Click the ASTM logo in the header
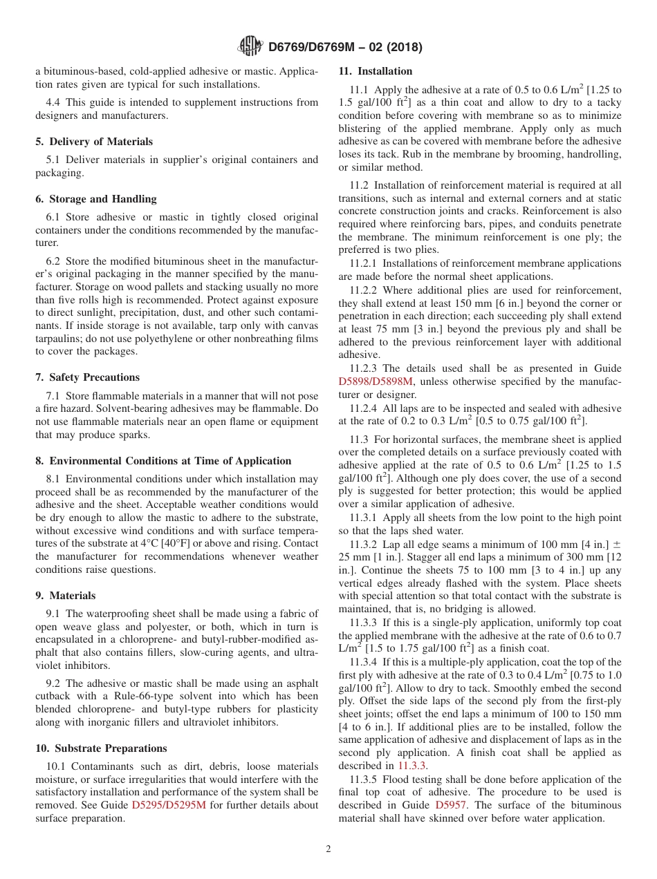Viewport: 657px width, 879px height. [250, 47]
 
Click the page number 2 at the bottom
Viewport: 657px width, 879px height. [328, 849]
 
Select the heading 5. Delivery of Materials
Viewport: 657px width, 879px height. [94, 142]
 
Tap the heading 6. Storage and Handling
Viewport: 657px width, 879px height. [96, 199]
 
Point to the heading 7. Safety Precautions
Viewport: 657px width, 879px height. [88, 377]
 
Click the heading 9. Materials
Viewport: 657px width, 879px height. [66, 596]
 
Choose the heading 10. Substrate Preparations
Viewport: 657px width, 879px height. [101, 748]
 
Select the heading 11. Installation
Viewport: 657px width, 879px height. [375, 71]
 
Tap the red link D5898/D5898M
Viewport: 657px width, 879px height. [376, 381]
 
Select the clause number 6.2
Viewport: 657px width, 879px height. [54, 261]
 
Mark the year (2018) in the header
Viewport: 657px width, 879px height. [405, 48]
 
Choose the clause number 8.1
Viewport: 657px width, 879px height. [54, 479]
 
